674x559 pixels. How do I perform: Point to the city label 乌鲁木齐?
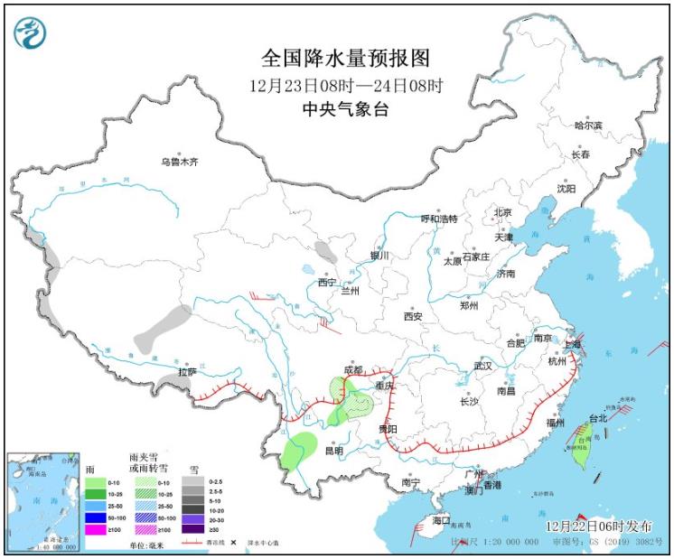click(178, 162)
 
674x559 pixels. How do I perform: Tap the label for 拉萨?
click(187, 371)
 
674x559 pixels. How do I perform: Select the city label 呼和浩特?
click(440, 219)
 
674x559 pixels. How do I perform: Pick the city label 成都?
click(354, 370)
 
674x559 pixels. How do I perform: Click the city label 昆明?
click(333, 451)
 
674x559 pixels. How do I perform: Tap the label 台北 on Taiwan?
click(598, 418)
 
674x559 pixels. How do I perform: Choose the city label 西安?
click(414, 316)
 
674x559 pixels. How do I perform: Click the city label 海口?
click(441, 521)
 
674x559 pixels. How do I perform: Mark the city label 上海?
click(570, 344)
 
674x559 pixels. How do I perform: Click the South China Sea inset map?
click(43, 501)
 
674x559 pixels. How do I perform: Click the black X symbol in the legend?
click(233, 542)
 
